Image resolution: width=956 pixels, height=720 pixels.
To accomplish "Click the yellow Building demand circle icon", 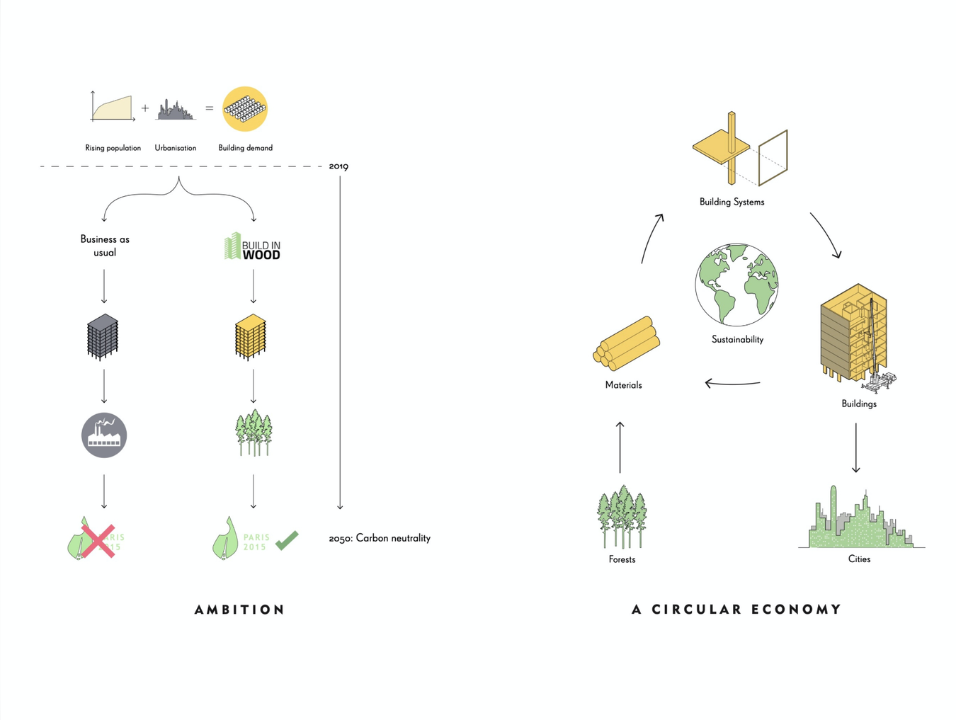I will tap(245, 109).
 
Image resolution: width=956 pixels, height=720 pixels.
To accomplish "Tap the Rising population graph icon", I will tap(113, 108).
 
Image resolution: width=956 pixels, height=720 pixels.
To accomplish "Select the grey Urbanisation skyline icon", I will tap(175, 110).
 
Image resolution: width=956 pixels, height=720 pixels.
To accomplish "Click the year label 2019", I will tap(338, 166).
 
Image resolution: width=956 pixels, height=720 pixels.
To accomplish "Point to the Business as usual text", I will tap(105, 246).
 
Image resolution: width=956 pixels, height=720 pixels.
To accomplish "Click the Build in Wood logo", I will tap(253, 247).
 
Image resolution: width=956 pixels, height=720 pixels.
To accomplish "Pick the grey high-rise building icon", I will tap(103, 337).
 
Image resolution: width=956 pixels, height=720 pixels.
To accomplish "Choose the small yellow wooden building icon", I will tap(251, 337).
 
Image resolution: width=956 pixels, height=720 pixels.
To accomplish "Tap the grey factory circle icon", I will tap(104, 435).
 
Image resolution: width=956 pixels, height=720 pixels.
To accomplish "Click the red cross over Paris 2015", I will tap(98, 542).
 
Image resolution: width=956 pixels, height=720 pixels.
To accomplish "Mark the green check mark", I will tap(287, 541).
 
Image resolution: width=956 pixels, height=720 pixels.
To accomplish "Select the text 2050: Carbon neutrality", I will tap(380, 538).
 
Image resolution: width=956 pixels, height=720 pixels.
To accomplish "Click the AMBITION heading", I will tap(239, 610).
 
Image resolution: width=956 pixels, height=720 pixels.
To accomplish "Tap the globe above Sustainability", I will tap(736, 285).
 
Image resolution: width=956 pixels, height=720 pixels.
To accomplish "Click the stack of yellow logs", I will tap(627, 344).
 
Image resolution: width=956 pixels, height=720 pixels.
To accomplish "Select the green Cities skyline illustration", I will tap(859, 521).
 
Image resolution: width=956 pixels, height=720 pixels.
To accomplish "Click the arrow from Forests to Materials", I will tap(620, 447).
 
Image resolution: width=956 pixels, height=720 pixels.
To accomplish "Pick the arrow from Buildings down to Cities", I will tap(856, 447).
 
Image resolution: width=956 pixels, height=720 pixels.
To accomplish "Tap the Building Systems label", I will tap(732, 202).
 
